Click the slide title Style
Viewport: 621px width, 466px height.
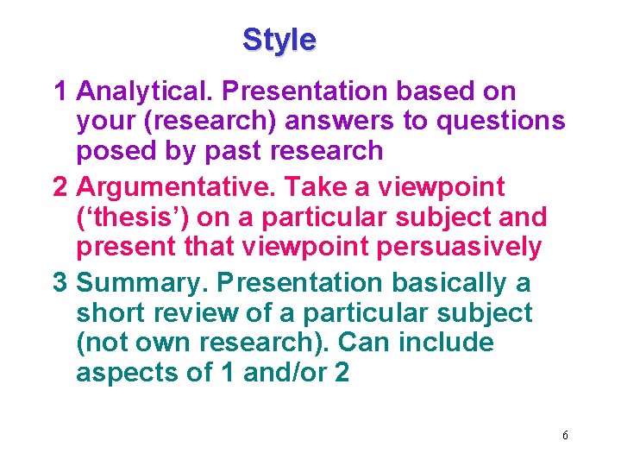click(279, 40)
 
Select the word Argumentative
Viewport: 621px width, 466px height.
click(175, 186)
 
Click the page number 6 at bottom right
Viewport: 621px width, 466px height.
click(565, 435)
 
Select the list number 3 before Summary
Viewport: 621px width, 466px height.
click(60, 282)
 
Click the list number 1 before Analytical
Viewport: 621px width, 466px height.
click(60, 91)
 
